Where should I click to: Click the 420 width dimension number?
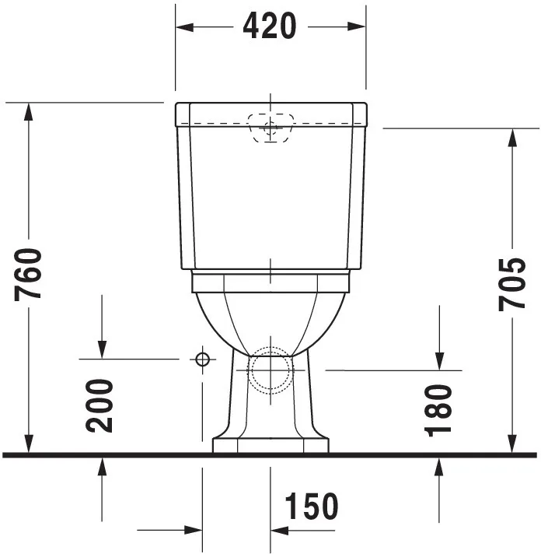pyautogui.click(x=270, y=26)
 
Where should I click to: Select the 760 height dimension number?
pyautogui.click(x=30, y=274)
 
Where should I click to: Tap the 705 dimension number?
pyautogui.click(x=512, y=284)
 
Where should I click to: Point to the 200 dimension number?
pyautogui.click(x=100, y=405)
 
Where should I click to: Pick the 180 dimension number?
pyautogui.click(x=439, y=410)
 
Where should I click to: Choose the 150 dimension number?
pyautogui.click(x=311, y=507)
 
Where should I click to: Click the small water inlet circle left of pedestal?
pyautogui.click(x=202, y=359)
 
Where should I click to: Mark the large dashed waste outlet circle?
pyautogui.click(x=270, y=370)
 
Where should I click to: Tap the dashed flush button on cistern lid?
pyautogui.click(x=270, y=128)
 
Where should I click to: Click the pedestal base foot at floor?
pyautogui.click(x=270, y=445)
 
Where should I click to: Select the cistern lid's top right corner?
pyautogui.click(x=365, y=104)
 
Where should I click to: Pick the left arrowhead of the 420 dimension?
pyautogui.click(x=184, y=27)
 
